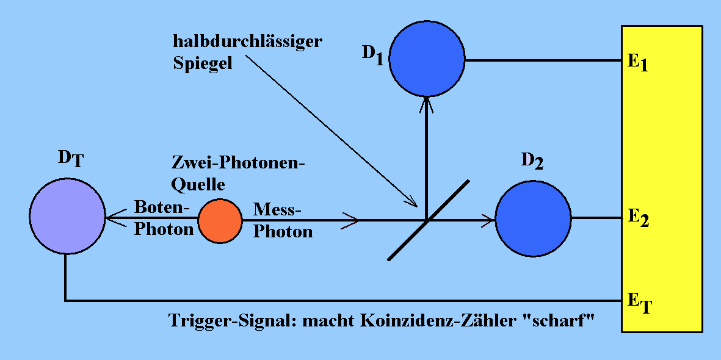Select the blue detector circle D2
(x=533, y=218)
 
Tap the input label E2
(x=637, y=218)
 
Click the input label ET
(x=639, y=301)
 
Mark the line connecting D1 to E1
(x=543, y=60)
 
